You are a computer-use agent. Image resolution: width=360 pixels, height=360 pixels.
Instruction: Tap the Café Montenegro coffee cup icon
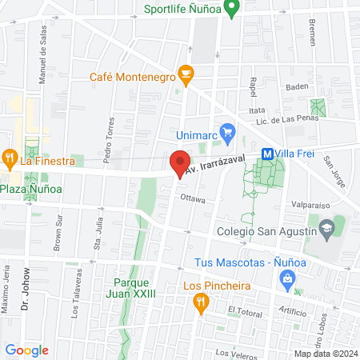tap(186, 76)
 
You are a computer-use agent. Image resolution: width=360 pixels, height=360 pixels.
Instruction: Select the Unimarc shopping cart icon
tap(226, 130)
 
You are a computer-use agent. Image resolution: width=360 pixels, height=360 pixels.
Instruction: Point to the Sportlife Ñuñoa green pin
tap(233, 10)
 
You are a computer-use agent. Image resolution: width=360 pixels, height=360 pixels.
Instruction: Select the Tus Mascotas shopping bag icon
tap(286, 277)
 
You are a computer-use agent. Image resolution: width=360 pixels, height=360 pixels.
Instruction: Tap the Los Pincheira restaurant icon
tap(200, 301)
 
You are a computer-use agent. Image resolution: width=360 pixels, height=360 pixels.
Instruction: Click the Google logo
tap(27, 350)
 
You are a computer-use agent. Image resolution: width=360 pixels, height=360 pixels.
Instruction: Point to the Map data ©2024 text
tap(324, 354)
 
